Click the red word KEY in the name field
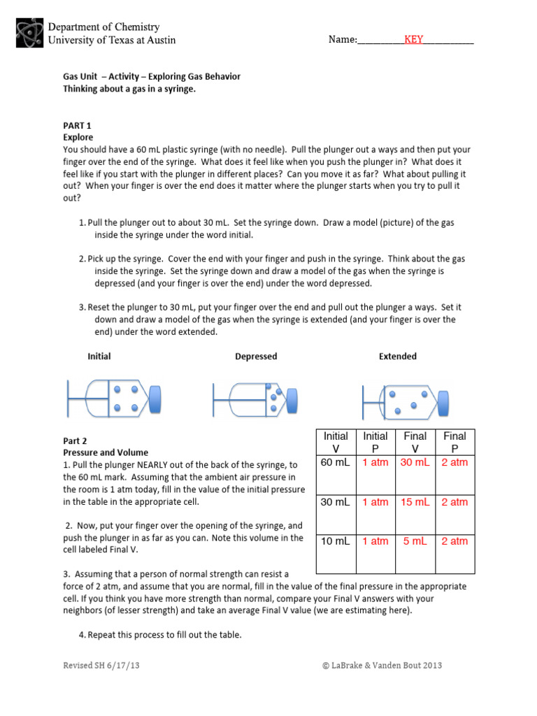point(413,40)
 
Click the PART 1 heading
point(78,126)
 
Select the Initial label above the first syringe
point(99,357)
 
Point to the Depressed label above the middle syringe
point(256,357)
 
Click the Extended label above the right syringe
point(397,357)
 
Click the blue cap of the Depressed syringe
point(291,399)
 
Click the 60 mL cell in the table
point(335,463)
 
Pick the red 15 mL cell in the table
point(415,502)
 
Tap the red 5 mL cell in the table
point(415,541)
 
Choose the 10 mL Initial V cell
point(335,541)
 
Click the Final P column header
point(455,442)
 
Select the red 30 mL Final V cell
point(415,463)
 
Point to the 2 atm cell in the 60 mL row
point(455,463)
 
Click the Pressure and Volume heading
point(106,452)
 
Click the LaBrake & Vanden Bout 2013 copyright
point(382,666)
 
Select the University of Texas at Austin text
point(111,40)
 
